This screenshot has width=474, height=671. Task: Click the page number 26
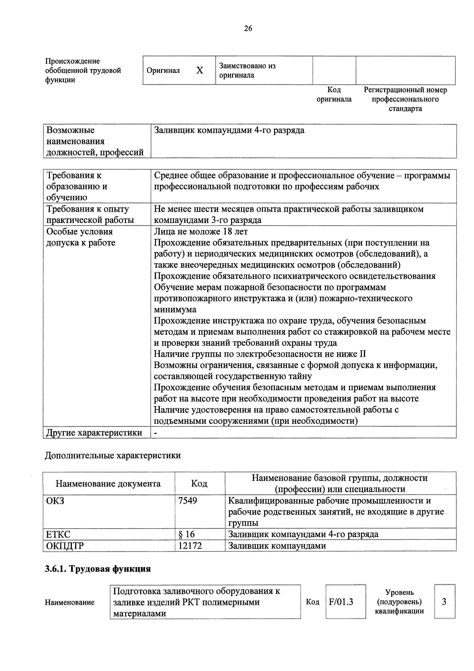[x=248, y=28]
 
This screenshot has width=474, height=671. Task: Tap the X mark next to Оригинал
[x=200, y=70]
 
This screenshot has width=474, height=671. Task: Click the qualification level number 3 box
[x=444, y=602]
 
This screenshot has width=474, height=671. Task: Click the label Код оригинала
[x=334, y=94]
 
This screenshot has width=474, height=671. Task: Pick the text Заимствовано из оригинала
[x=247, y=70]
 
